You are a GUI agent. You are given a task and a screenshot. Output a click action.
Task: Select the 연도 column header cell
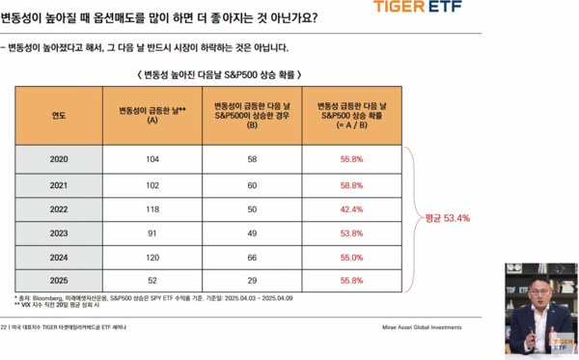(58, 115)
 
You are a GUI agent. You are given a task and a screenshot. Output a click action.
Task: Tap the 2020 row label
(58, 157)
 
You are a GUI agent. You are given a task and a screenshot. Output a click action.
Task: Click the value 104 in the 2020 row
(152, 157)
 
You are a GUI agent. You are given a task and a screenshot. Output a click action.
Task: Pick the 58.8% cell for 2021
(351, 183)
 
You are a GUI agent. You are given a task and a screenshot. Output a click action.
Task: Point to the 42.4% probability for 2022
(351, 208)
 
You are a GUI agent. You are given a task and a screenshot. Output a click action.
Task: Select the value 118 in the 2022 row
(152, 208)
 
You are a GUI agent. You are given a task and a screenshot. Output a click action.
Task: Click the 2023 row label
(58, 234)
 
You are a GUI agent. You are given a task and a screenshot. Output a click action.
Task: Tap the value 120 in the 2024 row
(152, 258)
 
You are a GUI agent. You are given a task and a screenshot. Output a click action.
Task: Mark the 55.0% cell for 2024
(351, 258)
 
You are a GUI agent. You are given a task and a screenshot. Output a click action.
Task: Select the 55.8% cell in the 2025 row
(351, 280)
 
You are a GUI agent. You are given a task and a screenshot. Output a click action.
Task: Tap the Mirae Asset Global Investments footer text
(415, 327)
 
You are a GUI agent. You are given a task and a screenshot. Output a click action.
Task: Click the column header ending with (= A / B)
(351, 115)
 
